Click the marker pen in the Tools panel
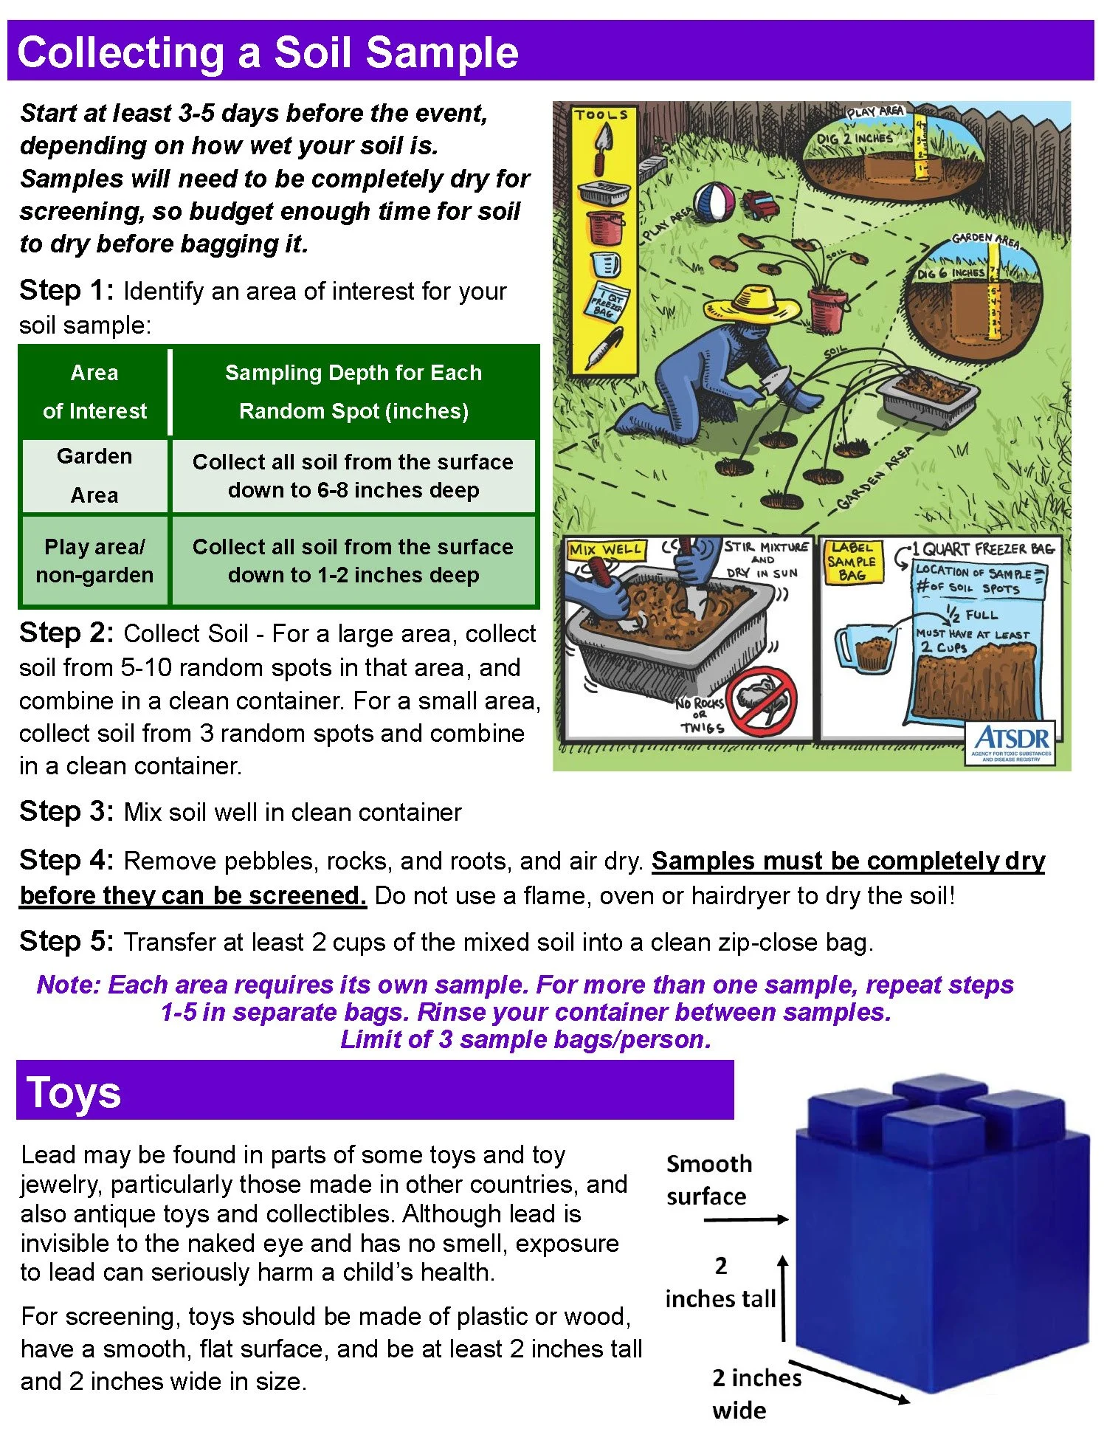click(x=604, y=348)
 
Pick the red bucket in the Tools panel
click(x=604, y=226)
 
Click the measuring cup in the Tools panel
click(x=606, y=264)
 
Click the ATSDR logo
click(x=1011, y=743)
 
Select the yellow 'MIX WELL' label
click(x=605, y=550)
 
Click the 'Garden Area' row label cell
click(x=94, y=475)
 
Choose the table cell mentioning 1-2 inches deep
click(x=353, y=561)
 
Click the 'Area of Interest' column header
click(x=94, y=391)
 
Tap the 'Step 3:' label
click(x=66, y=811)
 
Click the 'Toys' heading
click(x=74, y=1093)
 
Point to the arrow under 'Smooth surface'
click(x=745, y=1220)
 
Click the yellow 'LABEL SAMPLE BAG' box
click(x=852, y=562)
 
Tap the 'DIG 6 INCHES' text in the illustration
click(x=951, y=273)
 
